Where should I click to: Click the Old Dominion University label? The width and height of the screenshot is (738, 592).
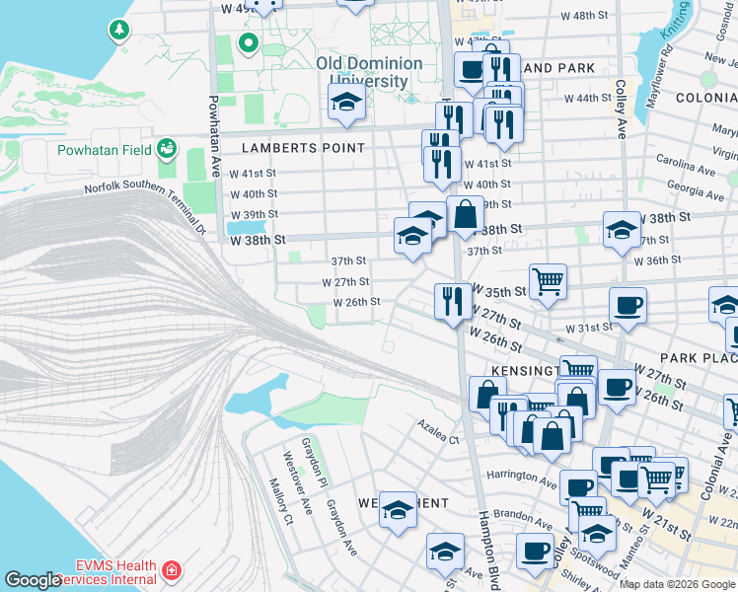coord(369,72)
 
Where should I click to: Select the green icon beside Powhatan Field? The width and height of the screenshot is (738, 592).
coord(167,147)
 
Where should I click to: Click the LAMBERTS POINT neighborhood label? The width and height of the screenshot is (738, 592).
coord(303,148)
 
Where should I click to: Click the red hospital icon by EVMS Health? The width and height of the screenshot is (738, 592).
coord(172,571)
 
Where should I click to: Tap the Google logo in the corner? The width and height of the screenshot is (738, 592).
coord(32,580)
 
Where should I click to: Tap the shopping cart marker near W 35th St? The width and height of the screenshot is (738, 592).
coord(548,280)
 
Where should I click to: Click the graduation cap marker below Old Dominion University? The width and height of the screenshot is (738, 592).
coord(346,102)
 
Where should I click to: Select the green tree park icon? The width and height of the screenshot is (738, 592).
coord(119,30)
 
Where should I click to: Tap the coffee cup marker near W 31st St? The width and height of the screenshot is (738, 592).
coord(627,305)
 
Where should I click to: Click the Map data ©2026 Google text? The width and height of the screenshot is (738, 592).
coord(677,584)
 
